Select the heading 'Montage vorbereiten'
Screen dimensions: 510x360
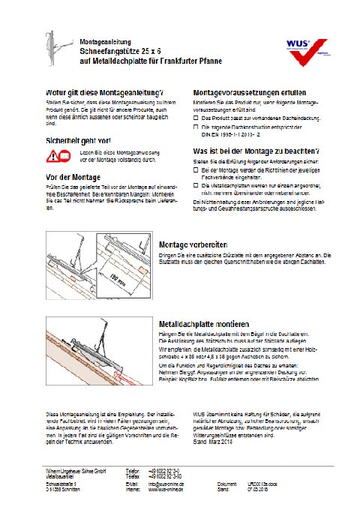click(x=195, y=244)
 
